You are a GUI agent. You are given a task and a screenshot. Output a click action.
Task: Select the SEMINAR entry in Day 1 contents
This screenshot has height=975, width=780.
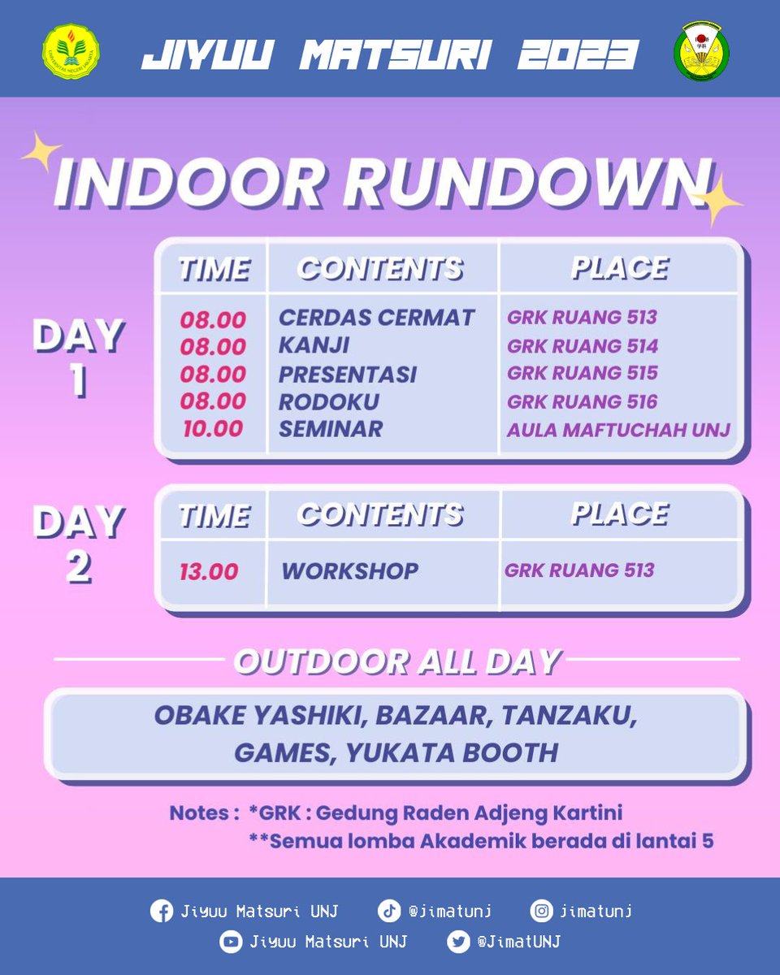tap(331, 429)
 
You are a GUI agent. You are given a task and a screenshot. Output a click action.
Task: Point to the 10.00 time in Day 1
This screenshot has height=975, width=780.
tap(213, 429)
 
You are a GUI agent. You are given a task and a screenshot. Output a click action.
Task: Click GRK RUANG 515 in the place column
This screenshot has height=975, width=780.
tap(583, 373)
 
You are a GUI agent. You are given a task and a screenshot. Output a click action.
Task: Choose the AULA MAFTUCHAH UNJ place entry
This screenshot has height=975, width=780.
tap(618, 429)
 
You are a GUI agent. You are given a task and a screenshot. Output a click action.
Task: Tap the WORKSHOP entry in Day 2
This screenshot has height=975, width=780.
tap(350, 570)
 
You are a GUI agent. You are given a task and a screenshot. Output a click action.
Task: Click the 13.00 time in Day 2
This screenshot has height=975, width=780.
tap(209, 571)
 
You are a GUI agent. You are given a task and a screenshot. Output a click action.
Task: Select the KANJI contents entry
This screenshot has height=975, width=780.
tap(314, 345)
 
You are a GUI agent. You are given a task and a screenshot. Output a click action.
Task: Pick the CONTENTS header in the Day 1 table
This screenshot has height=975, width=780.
tap(379, 268)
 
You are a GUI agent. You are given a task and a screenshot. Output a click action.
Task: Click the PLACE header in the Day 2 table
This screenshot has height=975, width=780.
tap(619, 513)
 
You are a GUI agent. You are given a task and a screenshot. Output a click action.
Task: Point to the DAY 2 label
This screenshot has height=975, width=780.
tap(78, 544)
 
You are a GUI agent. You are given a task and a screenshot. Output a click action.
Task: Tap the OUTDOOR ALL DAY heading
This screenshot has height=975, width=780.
tap(397, 661)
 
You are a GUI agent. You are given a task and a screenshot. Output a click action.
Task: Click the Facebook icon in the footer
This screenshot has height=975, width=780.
tap(162, 911)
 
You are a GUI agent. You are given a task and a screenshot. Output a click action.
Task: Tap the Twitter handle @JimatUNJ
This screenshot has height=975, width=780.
tap(518, 942)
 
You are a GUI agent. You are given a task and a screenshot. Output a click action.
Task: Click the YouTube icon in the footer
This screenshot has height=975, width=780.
tap(232, 942)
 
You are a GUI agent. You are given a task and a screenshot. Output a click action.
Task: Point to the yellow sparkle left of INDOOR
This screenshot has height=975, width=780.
tap(42, 153)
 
